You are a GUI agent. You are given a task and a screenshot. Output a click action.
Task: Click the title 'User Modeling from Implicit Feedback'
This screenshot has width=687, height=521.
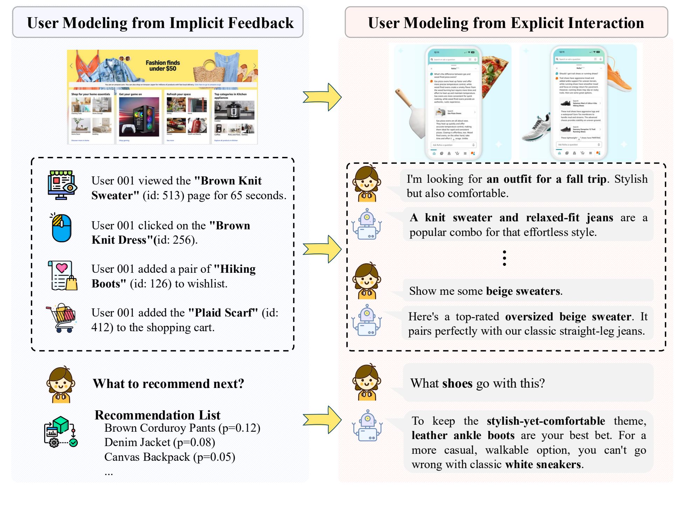click(x=160, y=23)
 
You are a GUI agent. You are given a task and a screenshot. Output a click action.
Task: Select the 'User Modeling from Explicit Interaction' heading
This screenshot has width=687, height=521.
click(x=506, y=23)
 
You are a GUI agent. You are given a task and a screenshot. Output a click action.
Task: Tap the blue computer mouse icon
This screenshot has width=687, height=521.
click(x=61, y=228)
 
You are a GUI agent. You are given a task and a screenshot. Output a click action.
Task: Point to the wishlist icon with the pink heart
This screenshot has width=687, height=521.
click(x=62, y=276)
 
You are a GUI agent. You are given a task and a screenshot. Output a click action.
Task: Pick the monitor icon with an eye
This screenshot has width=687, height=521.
click(x=62, y=185)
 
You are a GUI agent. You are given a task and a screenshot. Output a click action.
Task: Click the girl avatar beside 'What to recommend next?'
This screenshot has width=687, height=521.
click(x=61, y=384)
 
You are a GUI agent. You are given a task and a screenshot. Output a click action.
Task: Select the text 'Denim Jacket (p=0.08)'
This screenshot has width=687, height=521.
click(x=159, y=442)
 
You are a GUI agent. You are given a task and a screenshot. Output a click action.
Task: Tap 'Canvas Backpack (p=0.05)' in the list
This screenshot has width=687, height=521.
click(x=170, y=457)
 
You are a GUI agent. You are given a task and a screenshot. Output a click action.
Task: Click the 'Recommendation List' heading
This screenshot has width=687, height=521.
click(x=157, y=415)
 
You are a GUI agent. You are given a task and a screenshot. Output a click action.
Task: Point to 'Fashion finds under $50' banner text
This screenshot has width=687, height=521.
click(x=163, y=65)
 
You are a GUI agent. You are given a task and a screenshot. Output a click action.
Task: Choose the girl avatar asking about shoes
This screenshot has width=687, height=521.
click(x=367, y=382)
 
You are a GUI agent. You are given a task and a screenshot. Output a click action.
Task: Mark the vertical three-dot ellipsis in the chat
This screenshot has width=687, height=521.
click(x=504, y=258)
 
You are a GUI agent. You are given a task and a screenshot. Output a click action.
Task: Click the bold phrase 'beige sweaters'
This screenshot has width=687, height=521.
click(x=523, y=291)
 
